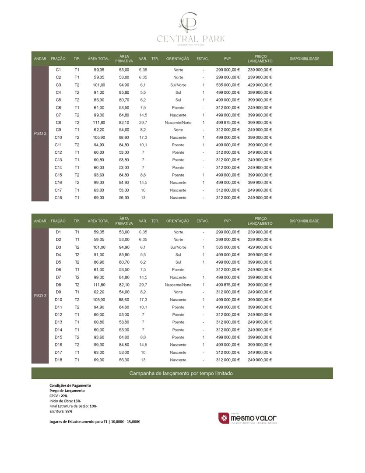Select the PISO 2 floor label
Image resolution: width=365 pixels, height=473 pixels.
coord(40,133)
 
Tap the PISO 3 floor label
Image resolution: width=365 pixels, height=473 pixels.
coord(40,296)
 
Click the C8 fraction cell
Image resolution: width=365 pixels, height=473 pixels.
coord(58,123)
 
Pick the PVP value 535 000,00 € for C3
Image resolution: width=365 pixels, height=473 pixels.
coord(228,85)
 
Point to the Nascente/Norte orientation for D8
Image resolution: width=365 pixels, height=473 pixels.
coord(178,285)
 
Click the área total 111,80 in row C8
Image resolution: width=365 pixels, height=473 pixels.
coord(99,123)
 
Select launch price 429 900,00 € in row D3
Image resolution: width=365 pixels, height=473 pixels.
coord(260,247)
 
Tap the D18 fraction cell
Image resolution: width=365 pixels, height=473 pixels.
coord(58,360)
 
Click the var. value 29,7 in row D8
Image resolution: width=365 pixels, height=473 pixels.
coord(143,285)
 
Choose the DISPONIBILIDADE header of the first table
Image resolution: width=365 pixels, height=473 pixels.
coord(304,59)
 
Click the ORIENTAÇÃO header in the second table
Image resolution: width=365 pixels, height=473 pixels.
coord(178,221)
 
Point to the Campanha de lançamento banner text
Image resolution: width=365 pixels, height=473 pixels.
coord(181,374)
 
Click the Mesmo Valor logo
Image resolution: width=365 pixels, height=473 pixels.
coord(248,418)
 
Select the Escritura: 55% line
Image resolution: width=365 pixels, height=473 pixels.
coord(61,411)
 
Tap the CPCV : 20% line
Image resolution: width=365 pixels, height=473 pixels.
coord(59,395)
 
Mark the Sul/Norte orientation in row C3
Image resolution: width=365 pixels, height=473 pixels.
coord(178,85)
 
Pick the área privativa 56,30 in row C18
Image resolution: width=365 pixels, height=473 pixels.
coord(124,198)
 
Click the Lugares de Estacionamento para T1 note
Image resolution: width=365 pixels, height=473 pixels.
coord(95,421)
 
